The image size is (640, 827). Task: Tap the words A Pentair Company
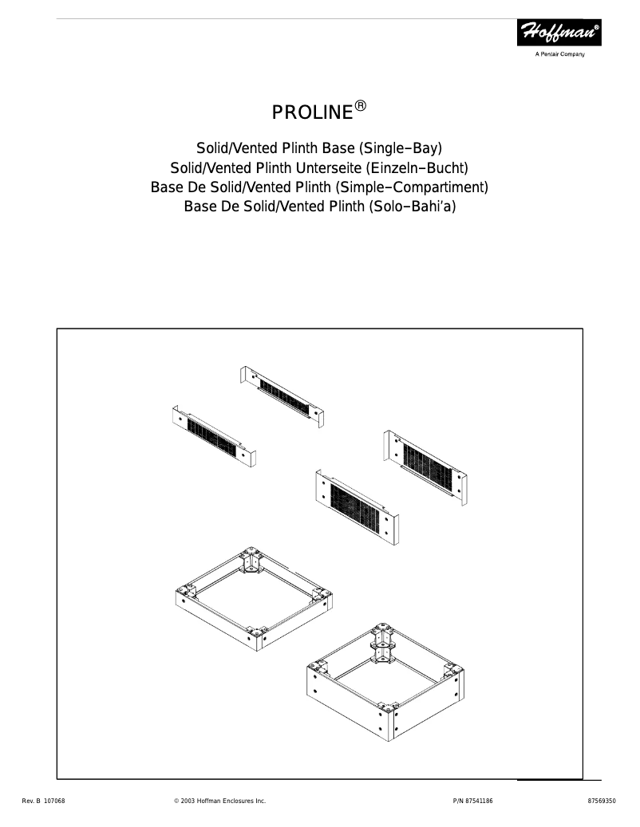(x=559, y=54)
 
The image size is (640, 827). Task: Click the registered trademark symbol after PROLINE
(x=361, y=105)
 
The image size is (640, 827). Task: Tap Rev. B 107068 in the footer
(x=44, y=800)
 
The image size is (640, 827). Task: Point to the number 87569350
(x=601, y=800)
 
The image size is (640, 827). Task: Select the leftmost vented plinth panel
(x=213, y=437)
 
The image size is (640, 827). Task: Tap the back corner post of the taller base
(x=381, y=645)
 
